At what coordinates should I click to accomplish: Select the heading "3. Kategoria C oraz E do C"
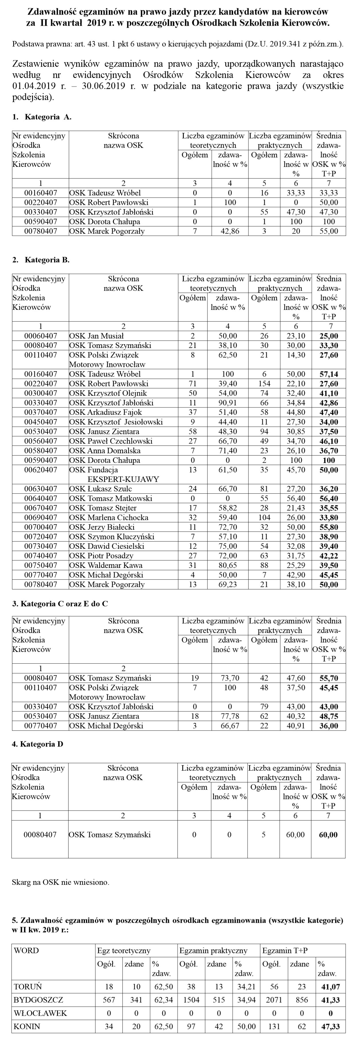pyautogui.click(x=60, y=604)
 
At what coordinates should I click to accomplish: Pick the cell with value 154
pyautogui.click(x=264, y=384)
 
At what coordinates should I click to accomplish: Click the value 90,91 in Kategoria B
pyautogui.click(x=228, y=403)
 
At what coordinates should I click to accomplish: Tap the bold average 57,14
pyautogui.click(x=328, y=374)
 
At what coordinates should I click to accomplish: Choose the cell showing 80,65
pyautogui.click(x=228, y=565)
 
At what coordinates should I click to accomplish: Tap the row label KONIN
pyautogui.click(x=27, y=1026)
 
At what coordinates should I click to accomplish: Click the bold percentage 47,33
pyautogui.click(x=330, y=1026)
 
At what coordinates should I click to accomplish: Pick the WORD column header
pyautogui.click(x=26, y=950)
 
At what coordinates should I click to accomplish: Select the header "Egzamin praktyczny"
pyautogui.click(x=213, y=950)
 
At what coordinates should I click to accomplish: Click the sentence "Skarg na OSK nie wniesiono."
pyautogui.click(x=60, y=882)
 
